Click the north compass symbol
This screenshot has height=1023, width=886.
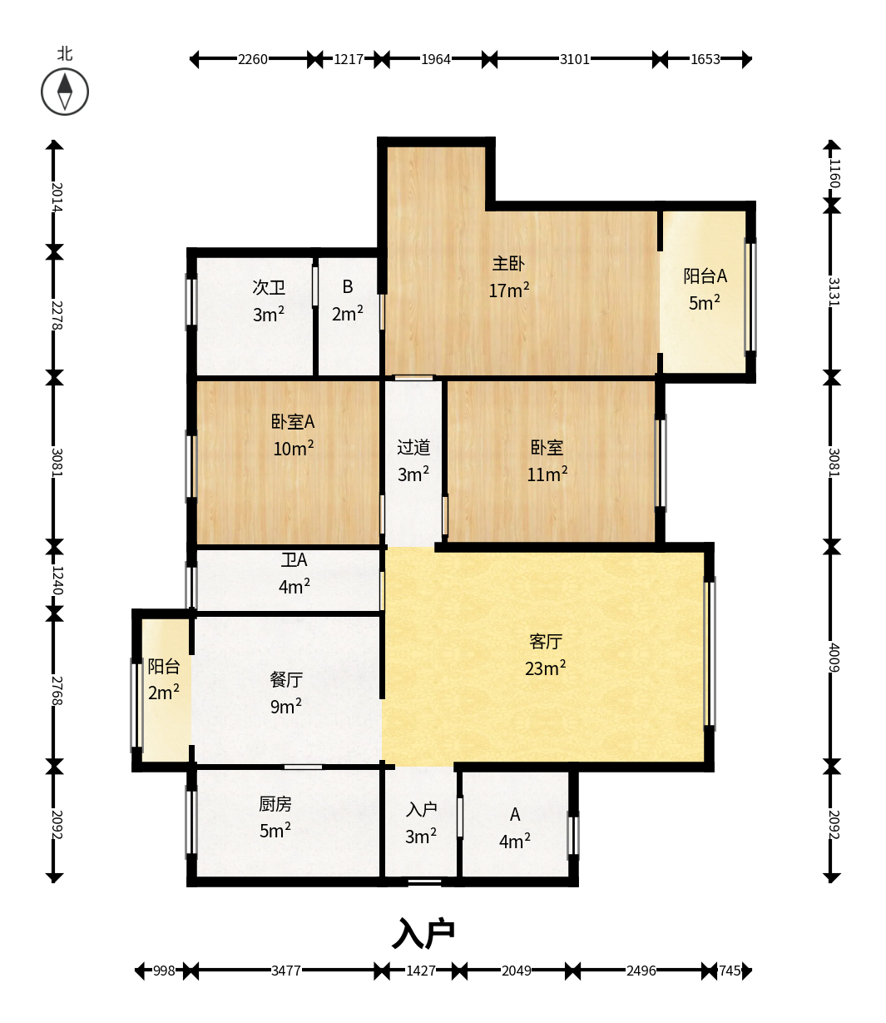[x=65, y=92]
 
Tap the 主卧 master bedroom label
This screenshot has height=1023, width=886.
[x=508, y=263]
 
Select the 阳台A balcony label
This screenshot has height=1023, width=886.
[x=705, y=276]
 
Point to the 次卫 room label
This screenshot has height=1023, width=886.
[x=269, y=287]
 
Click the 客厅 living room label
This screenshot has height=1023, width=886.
[x=546, y=642]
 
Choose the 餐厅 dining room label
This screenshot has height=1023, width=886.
[x=286, y=679]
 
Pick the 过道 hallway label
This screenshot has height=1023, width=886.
[x=413, y=448]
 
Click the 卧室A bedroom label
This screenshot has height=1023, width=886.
[x=293, y=422]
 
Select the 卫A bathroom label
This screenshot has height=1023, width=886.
[x=295, y=560]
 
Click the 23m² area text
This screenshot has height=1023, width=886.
[x=545, y=668]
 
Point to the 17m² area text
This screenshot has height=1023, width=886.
[x=509, y=291]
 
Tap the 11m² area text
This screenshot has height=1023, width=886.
[x=547, y=474]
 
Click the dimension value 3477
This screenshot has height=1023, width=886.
[x=286, y=971]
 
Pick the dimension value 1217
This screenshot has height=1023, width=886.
[x=349, y=59]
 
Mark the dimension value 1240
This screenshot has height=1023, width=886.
[x=57, y=580]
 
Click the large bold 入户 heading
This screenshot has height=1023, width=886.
[x=423, y=933]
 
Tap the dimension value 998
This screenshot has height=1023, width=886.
[x=164, y=971]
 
